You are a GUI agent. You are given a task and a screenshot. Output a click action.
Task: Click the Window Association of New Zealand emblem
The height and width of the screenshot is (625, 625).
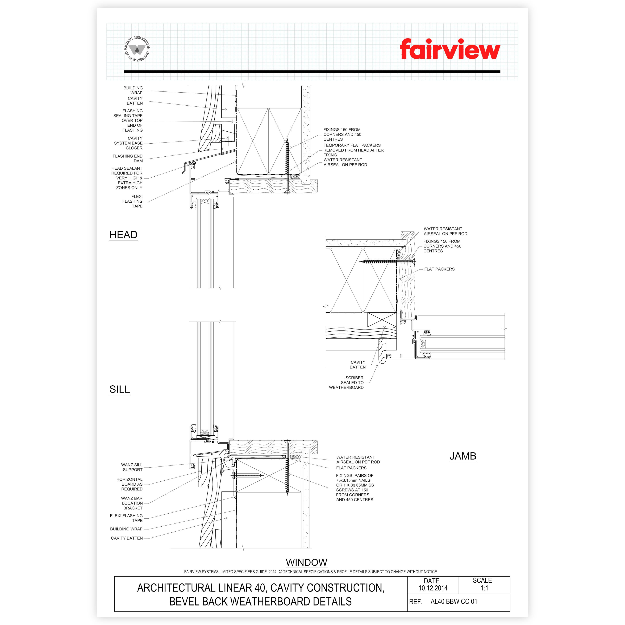click(137, 49)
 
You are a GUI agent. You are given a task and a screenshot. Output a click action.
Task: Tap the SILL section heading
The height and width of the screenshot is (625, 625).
click(120, 389)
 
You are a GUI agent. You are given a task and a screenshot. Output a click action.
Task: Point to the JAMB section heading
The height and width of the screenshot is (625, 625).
click(463, 456)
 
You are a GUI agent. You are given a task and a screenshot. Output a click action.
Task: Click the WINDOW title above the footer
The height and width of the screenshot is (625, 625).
click(306, 562)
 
